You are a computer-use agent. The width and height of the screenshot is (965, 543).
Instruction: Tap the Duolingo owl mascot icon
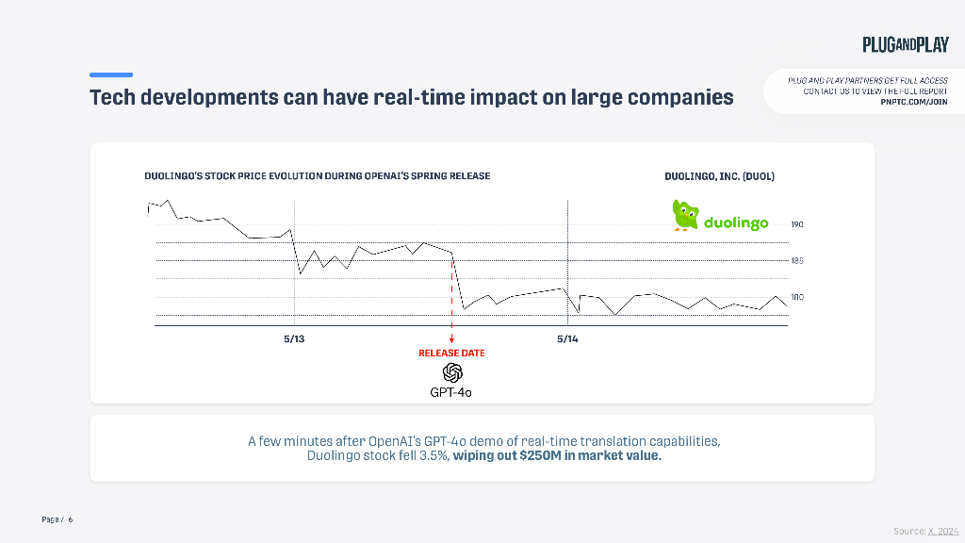(684, 215)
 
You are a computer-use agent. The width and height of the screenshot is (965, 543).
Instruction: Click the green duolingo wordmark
(736, 223)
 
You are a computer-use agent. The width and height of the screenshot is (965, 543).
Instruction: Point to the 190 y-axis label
(797, 224)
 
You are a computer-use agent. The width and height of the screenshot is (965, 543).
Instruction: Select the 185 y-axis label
(797, 260)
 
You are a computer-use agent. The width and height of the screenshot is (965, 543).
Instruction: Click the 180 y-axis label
(797, 297)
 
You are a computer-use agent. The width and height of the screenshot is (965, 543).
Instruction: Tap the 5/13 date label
(294, 338)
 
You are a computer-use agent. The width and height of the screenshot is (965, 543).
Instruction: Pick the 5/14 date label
(567, 338)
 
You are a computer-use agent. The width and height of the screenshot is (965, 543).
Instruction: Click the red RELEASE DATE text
(451, 354)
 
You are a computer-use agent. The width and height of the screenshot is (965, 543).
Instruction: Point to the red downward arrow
(451, 337)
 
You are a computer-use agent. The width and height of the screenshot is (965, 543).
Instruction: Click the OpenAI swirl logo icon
(451, 372)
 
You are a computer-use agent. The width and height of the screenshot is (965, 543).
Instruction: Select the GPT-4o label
(451, 392)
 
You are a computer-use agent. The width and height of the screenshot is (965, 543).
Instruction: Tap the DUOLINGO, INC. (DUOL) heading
(719, 176)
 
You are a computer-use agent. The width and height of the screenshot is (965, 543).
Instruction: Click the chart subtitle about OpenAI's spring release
(317, 176)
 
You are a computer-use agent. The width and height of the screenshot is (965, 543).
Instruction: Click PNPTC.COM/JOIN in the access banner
(913, 102)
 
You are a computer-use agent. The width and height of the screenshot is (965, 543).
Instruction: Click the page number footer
(57, 519)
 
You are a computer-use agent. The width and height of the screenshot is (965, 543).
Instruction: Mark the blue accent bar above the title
(111, 74)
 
